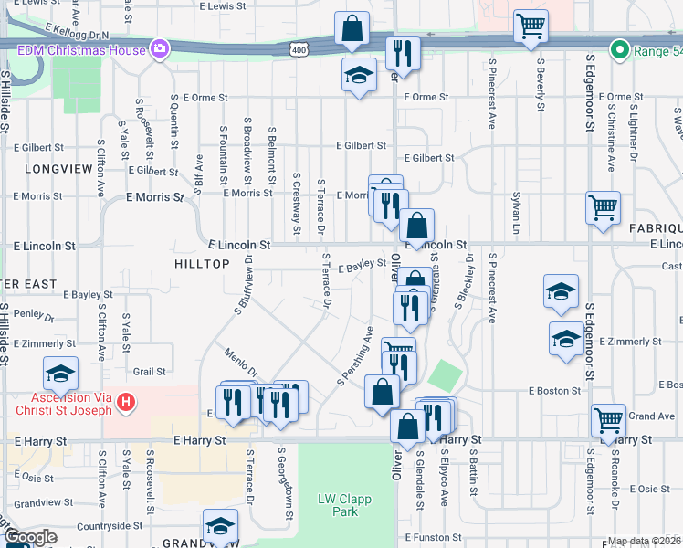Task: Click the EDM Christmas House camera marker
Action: tap(161, 49)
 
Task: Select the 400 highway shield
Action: tap(299, 47)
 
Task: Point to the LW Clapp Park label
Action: tap(338, 505)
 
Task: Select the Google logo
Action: tap(30, 538)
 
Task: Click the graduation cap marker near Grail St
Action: tap(61, 374)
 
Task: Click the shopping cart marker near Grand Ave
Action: tap(608, 421)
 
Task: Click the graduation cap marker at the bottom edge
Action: tap(220, 527)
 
